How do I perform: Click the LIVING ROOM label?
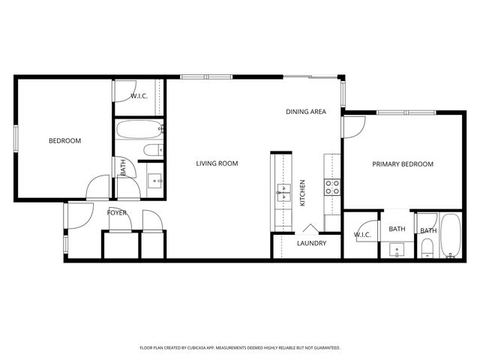217,163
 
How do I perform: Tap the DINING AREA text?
305,112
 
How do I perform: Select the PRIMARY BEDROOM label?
403,164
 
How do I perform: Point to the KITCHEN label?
303,193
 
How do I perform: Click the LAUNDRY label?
311,243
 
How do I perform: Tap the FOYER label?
116,213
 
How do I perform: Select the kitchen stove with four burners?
332,187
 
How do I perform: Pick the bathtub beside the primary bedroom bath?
450,237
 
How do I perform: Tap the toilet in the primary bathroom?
427,248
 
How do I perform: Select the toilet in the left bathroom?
152,151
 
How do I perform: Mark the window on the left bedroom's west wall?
16,140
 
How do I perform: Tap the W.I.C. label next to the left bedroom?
139,96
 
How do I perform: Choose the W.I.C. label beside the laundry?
362,235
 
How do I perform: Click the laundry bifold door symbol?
310,228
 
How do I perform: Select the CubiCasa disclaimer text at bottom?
240,348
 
